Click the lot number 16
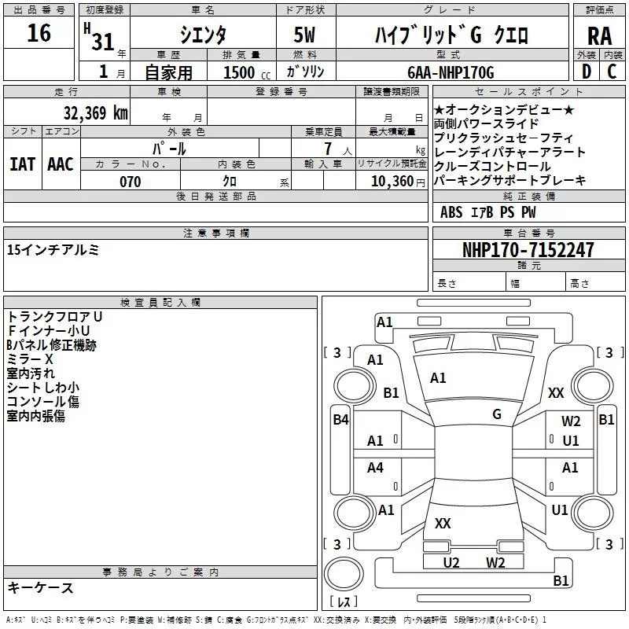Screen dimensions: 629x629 (39, 34)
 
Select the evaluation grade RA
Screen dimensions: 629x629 (599, 35)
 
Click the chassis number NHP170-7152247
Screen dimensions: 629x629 (528, 250)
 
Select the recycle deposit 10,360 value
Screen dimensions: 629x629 (390, 182)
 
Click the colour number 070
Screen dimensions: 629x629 (130, 182)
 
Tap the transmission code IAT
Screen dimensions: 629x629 (22, 164)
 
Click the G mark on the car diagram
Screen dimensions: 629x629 (497, 414)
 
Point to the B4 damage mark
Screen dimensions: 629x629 (340, 420)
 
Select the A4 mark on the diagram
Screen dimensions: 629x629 (376, 468)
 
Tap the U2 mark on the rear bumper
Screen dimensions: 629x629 (451, 562)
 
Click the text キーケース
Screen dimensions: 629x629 (40, 587)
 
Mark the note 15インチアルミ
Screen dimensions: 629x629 (53, 250)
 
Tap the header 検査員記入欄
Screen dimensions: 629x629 (160, 302)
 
